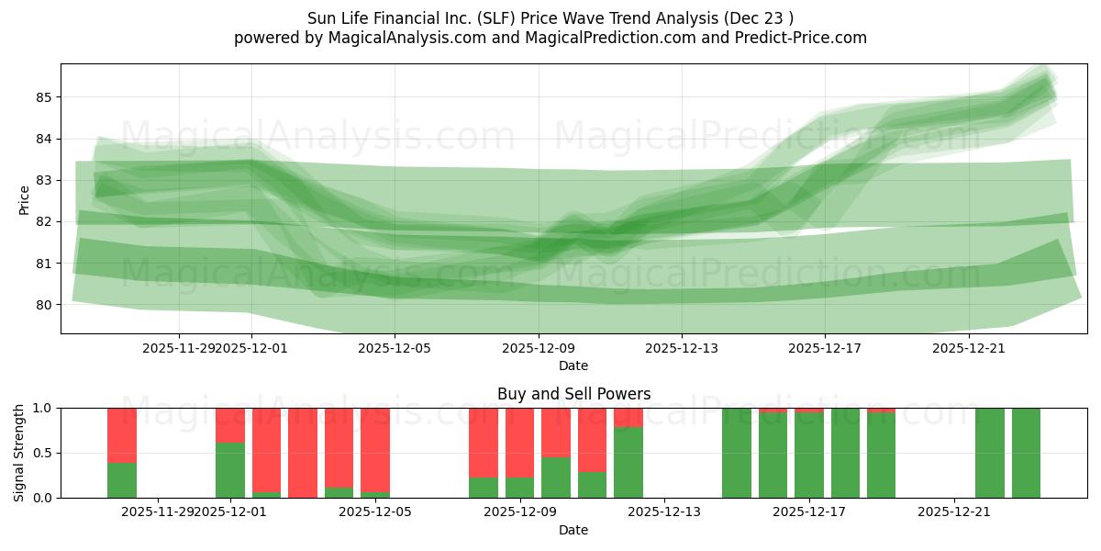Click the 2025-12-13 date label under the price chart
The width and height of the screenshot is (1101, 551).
(x=682, y=348)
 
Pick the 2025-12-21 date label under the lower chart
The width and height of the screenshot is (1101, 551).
(x=954, y=512)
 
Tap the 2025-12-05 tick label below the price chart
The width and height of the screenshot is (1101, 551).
(x=395, y=348)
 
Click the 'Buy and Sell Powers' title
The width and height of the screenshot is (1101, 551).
(x=573, y=394)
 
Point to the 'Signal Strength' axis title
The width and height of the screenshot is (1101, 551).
(x=19, y=452)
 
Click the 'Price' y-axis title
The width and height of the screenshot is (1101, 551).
(x=24, y=199)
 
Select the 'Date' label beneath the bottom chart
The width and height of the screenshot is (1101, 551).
(x=573, y=530)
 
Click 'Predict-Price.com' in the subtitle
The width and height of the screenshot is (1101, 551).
(x=804, y=38)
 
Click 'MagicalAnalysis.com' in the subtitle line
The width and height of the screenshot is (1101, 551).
(x=399, y=38)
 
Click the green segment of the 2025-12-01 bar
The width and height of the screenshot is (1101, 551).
(x=230, y=470)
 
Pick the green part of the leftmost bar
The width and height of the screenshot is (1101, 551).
(x=122, y=479)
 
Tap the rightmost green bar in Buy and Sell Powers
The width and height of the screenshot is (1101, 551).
(x=1026, y=453)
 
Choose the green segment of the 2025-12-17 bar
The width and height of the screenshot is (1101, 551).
(x=809, y=455)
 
